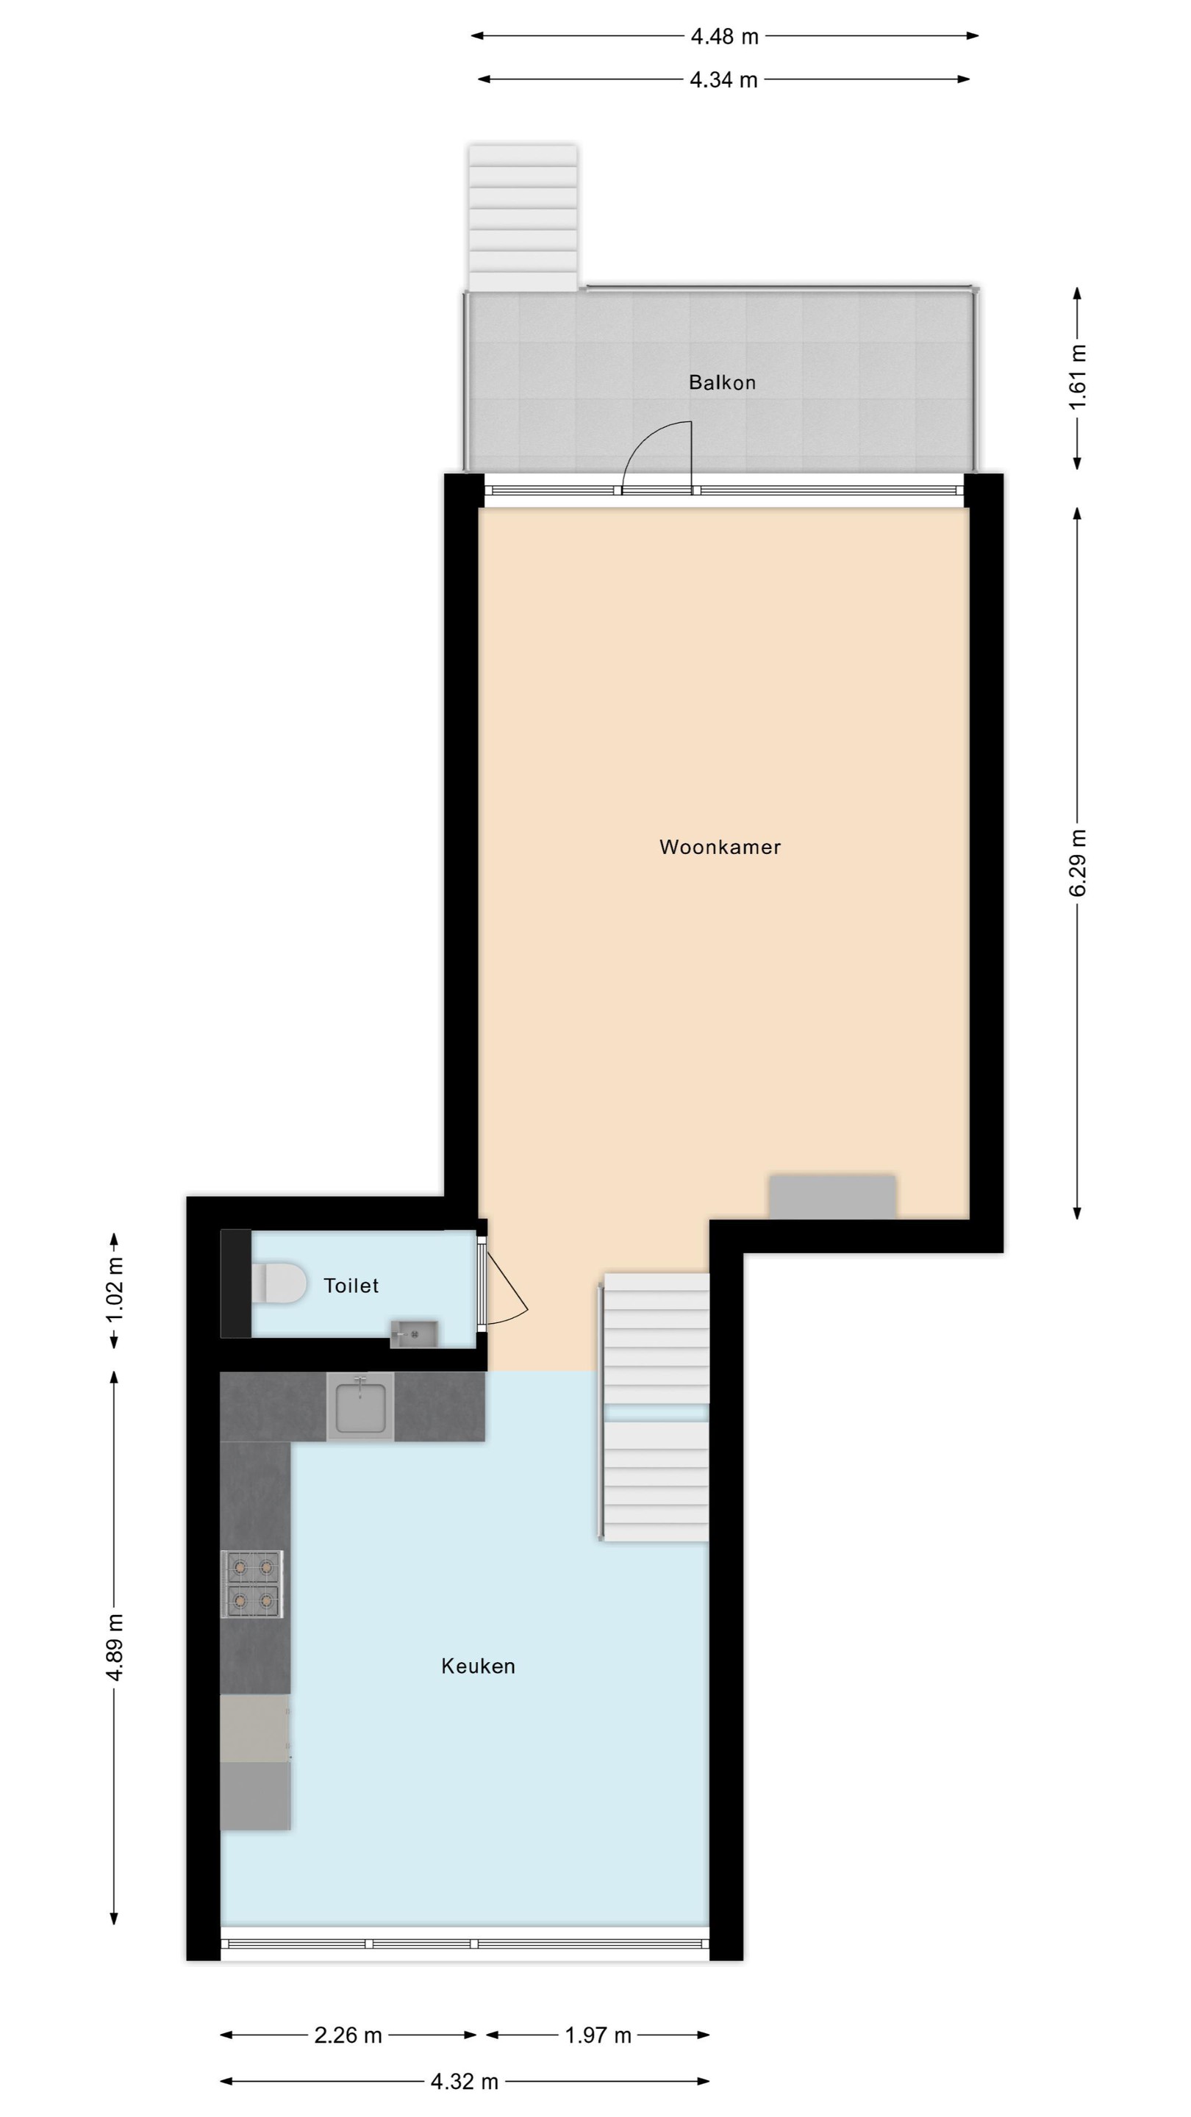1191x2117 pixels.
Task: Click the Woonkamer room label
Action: coord(720,848)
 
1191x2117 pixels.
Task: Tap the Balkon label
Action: coord(723,382)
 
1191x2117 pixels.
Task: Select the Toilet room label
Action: coord(351,1286)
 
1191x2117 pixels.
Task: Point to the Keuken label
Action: coord(479,1666)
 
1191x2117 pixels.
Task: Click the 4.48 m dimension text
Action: coord(724,36)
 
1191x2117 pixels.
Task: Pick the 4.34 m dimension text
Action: coord(723,79)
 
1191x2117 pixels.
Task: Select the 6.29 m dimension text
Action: coord(1079,862)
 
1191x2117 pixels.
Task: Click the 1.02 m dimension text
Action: coord(115,1289)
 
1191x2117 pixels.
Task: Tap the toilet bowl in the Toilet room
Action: coord(278,1283)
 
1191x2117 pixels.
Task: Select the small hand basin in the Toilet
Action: coord(413,1334)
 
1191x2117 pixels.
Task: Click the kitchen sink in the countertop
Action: coord(361,1406)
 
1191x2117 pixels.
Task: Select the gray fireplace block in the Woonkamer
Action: coord(831,1197)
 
